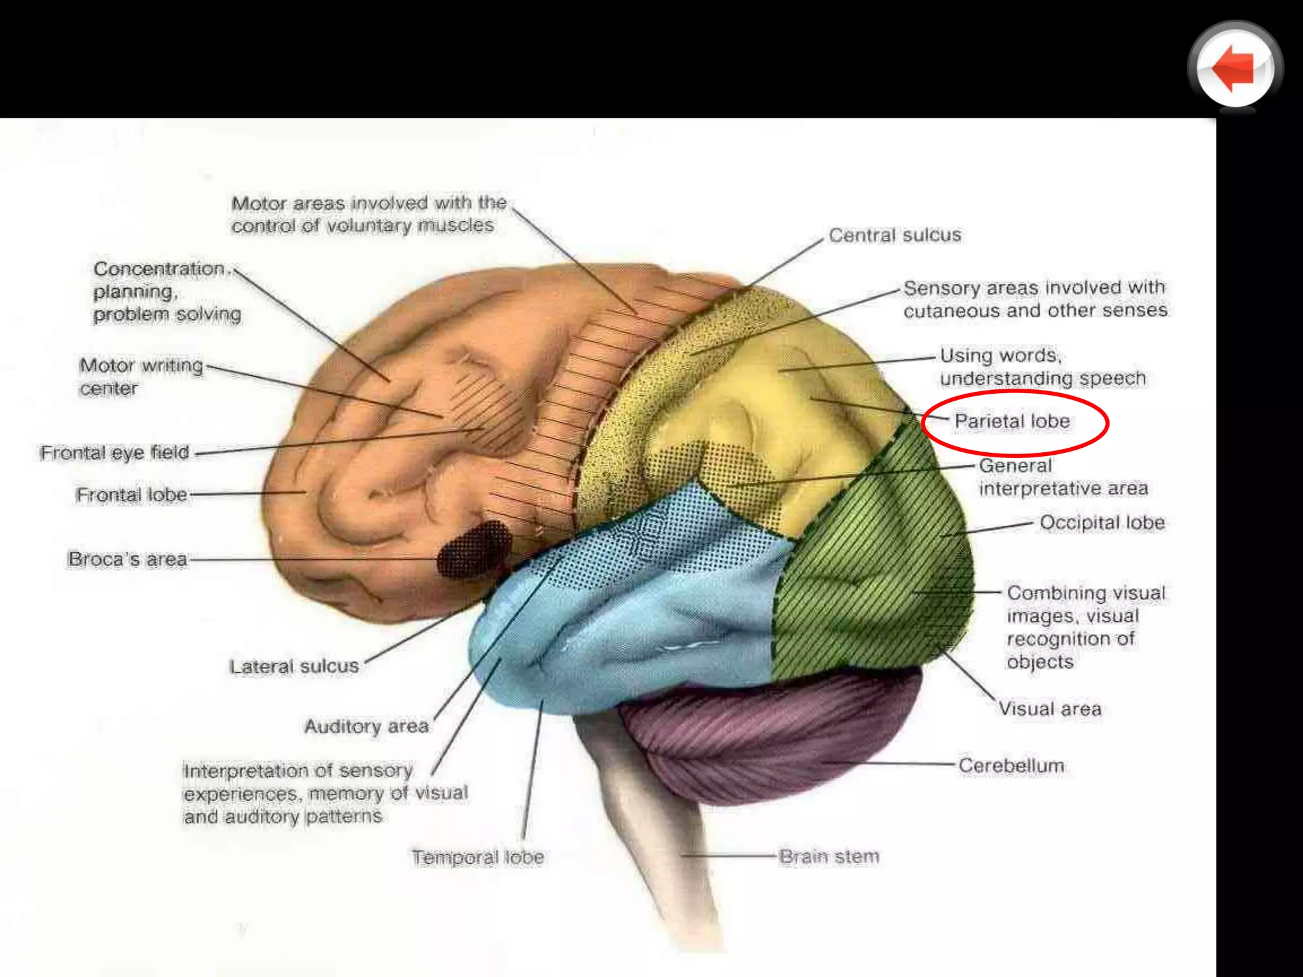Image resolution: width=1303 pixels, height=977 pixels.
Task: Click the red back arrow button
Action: [x=1234, y=68]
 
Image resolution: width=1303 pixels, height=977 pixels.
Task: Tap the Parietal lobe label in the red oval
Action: [x=1012, y=422]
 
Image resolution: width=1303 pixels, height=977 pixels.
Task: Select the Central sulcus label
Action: [x=895, y=235]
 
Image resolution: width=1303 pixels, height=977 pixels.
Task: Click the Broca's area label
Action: [x=128, y=559]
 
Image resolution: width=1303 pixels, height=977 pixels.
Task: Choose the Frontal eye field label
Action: [x=115, y=453]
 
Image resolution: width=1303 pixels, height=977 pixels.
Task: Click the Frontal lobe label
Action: [x=132, y=495]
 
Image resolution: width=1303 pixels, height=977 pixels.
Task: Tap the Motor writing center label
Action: [x=141, y=377]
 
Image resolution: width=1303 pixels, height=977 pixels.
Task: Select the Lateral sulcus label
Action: [x=294, y=667]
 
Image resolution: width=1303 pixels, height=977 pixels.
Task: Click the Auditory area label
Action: [x=366, y=726]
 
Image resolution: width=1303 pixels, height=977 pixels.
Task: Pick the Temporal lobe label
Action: [x=477, y=857]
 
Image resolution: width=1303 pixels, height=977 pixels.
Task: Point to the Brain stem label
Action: [x=829, y=857]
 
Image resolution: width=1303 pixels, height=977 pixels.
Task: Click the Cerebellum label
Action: [x=1011, y=766]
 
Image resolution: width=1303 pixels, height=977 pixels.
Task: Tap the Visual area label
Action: [x=1050, y=709]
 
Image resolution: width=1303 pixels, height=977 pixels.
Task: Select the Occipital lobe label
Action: [x=1102, y=523]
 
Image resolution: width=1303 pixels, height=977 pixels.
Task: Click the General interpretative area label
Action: [x=1063, y=477]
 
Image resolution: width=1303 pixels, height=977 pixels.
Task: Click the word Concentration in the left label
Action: [x=159, y=269]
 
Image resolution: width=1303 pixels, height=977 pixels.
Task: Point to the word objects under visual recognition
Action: [x=1040, y=662]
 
